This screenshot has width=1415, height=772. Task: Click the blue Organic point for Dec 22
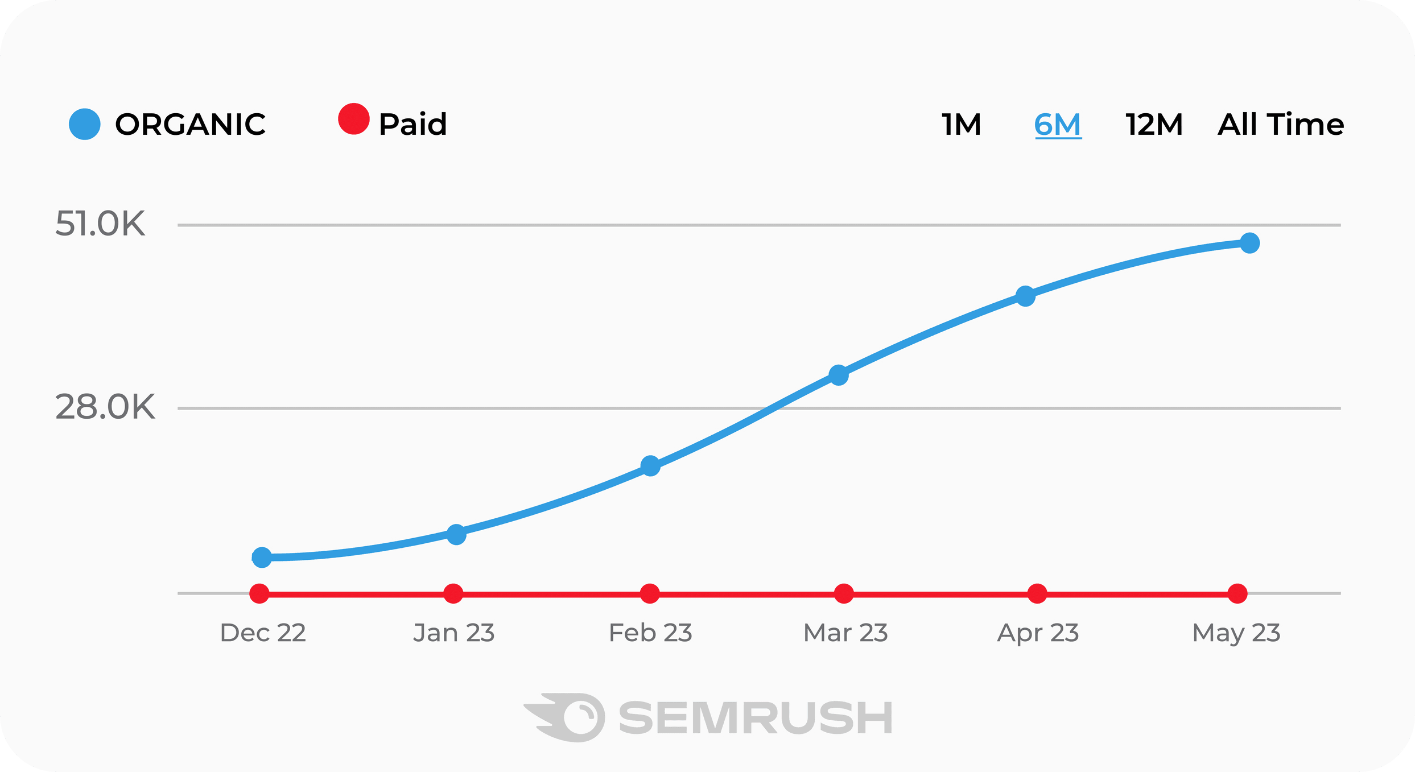coord(262,558)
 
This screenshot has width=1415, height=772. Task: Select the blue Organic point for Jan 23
coord(456,534)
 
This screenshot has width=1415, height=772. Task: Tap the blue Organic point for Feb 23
coord(650,466)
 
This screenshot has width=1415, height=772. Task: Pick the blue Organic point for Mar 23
coord(839,375)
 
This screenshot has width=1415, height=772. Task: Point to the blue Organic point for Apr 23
coord(1025,296)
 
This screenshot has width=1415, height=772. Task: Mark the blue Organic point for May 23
coord(1249,243)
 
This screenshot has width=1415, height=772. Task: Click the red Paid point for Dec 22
coord(259,594)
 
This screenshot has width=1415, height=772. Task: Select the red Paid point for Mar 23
coord(844,594)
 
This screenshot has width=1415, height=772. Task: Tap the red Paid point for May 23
coord(1237,594)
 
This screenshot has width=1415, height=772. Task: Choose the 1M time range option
coord(962,125)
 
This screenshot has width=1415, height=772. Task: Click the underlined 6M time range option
coord(1058,125)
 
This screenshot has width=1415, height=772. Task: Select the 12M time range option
coord(1154,125)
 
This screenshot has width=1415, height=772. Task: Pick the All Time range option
coord(1281,125)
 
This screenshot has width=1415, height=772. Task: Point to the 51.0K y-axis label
coord(100,224)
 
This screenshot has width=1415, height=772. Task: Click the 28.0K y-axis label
coord(105,407)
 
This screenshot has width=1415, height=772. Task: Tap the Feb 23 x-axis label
coord(650,633)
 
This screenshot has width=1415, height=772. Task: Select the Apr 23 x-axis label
coord(1038,633)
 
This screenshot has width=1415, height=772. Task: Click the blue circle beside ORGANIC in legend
coord(85,124)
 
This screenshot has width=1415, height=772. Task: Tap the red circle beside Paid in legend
coord(354,119)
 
